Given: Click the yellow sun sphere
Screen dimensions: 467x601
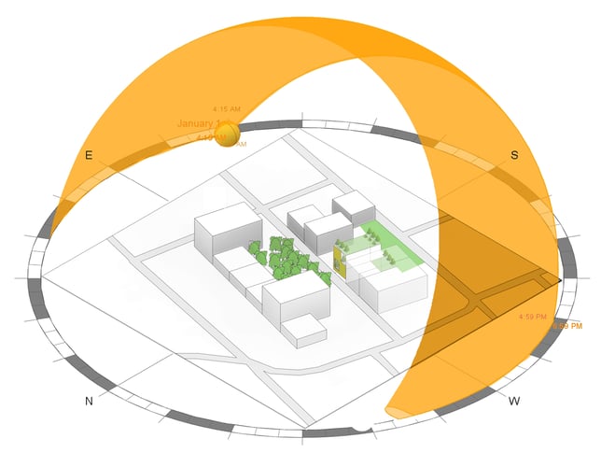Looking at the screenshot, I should (225, 137).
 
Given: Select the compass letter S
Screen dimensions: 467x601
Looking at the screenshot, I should (514, 155).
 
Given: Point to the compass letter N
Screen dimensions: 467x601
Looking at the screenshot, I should (90, 401).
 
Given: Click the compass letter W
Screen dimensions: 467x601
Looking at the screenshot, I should (514, 401).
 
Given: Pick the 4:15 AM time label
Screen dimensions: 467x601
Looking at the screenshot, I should (227, 110).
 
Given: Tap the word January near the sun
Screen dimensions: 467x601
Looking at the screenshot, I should (196, 123).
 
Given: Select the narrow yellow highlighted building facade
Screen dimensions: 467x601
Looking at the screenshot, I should (340, 262).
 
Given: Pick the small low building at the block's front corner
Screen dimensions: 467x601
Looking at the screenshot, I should (302, 330).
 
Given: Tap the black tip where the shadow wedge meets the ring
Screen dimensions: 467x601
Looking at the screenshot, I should (559, 278).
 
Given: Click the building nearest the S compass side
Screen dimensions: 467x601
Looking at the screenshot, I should (353, 206).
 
